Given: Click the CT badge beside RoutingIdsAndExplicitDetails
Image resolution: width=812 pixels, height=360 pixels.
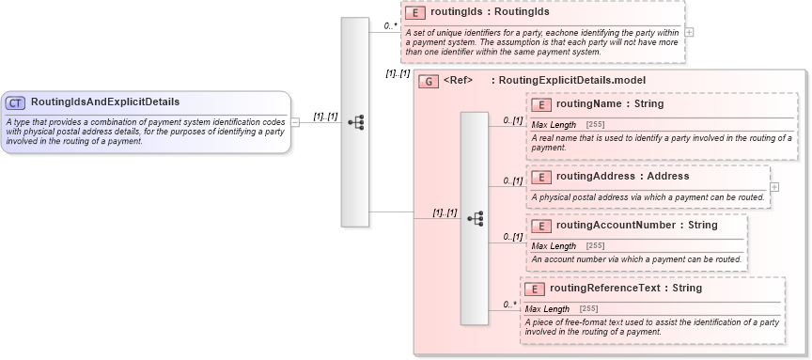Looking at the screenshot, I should click(x=16, y=102).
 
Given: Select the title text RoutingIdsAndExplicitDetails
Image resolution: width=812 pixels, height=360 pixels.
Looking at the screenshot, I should click(x=105, y=102).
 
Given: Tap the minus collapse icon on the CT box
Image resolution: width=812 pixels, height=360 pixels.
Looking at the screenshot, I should click(x=295, y=121).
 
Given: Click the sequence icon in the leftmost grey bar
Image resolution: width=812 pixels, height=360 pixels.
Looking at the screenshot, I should click(x=355, y=122).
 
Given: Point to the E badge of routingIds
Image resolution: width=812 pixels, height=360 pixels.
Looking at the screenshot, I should click(x=415, y=13).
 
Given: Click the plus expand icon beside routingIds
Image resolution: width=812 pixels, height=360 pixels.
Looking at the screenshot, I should click(x=690, y=31).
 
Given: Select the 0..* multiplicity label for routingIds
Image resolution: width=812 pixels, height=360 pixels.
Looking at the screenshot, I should click(x=390, y=26).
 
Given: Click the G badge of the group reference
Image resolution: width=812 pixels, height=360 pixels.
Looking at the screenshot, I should click(x=429, y=81).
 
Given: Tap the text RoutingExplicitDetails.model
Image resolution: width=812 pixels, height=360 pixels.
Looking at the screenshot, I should click(x=571, y=81).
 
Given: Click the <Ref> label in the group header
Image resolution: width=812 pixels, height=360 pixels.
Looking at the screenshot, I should click(x=458, y=81).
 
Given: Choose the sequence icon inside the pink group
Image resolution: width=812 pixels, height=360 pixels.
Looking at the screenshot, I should click(x=475, y=218).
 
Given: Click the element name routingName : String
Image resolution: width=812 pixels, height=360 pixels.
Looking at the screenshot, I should click(x=609, y=104).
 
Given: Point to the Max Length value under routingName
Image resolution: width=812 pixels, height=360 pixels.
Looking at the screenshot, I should click(x=595, y=125).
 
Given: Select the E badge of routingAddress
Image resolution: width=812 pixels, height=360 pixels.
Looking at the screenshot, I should click(x=541, y=177).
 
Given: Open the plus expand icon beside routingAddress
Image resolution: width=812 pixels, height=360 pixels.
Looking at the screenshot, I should click(x=774, y=186).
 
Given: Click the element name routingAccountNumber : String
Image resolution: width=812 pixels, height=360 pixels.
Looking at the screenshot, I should click(x=636, y=226).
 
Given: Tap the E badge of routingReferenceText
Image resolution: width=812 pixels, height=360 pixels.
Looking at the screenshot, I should click(x=535, y=289).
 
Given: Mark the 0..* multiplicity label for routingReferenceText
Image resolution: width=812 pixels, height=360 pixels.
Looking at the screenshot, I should click(x=509, y=305).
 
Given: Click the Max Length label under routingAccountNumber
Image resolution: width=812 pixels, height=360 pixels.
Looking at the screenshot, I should click(x=554, y=246).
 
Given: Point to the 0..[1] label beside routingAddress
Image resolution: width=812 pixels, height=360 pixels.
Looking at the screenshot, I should click(x=512, y=180).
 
